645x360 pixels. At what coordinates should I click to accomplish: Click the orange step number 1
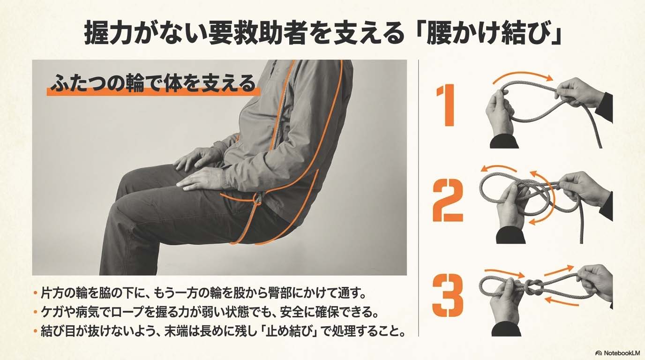tap(446, 105)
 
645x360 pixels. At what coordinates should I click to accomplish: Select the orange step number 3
tap(448, 295)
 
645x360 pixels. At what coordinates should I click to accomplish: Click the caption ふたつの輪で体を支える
tap(153, 83)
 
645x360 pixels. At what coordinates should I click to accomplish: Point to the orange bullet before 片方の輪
tap(36, 293)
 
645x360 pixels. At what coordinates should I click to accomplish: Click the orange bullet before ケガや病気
tap(36, 312)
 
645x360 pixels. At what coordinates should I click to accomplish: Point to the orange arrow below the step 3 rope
tap(562, 301)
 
